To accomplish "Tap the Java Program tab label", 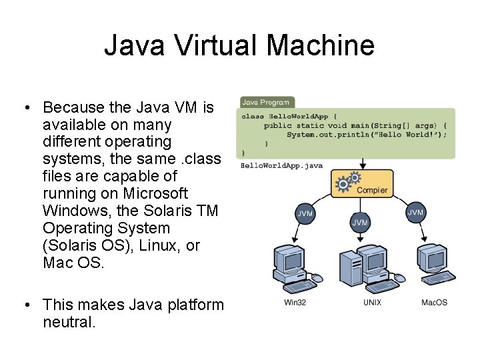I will click(265, 103).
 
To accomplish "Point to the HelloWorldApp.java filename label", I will click(272, 165).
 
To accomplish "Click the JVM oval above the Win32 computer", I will click(304, 214).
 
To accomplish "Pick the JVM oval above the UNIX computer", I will click(360, 222).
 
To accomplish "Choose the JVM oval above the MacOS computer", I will click(415, 213).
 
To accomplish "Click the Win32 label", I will click(295, 303).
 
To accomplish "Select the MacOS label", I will click(434, 303).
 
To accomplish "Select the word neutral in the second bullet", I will click(69, 323).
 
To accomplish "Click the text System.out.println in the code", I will click(321, 135).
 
